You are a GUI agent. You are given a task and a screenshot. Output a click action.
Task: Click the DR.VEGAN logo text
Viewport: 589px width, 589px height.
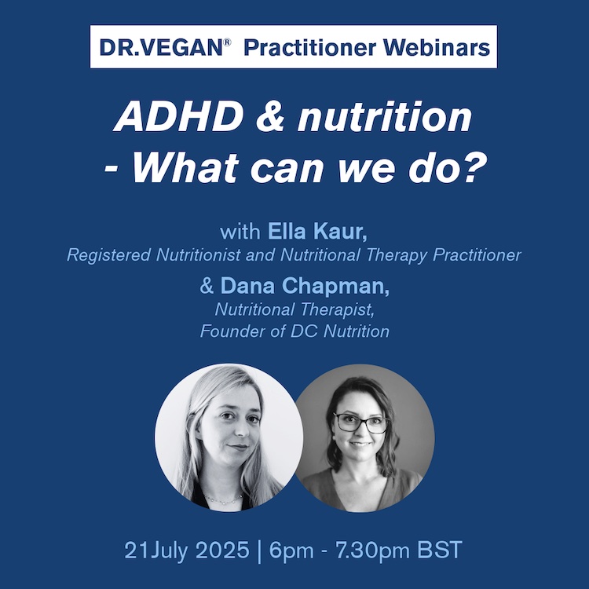coord(162,47)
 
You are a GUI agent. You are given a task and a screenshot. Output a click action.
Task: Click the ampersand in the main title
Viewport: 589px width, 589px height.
coord(270,116)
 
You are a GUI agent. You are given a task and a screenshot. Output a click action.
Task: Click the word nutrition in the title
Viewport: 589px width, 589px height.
coord(384,116)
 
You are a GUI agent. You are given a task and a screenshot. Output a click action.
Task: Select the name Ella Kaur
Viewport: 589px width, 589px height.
coord(317,231)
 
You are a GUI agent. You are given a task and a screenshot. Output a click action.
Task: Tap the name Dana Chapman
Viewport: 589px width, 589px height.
coord(305,286)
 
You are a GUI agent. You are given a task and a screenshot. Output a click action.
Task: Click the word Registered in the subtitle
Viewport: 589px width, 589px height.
coord(108,255)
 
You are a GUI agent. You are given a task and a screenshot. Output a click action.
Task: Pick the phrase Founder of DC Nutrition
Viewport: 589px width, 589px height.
coord(294,331)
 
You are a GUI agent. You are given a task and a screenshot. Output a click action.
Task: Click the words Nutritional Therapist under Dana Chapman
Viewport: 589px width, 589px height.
coord(294,309)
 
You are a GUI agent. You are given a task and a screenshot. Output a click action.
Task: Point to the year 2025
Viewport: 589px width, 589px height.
coord(222,550)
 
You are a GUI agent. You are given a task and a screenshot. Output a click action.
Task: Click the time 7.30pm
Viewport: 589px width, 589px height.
coord(372,550)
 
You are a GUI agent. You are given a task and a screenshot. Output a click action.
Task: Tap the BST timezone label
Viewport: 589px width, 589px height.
coord(440,550)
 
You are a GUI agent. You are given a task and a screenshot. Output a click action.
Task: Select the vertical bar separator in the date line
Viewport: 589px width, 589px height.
coord(259,551)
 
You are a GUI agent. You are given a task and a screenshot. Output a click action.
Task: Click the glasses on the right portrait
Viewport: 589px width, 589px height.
coord(360,423)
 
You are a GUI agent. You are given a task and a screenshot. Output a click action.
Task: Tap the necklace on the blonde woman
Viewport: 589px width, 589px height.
coord(224,500)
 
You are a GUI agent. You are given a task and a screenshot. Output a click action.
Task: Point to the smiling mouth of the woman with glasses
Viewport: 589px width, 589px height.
coord(360,444)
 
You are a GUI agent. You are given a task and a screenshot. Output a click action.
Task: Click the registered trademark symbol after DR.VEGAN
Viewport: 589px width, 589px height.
coord(227,42)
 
